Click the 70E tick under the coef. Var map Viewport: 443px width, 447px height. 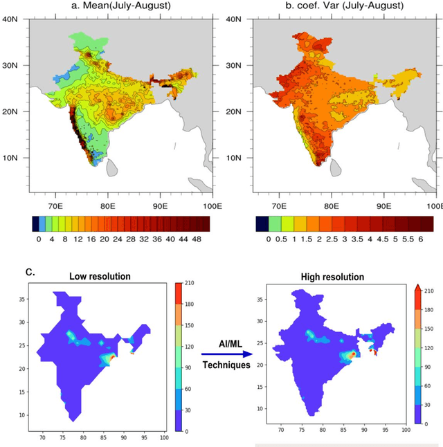(x=279, y=206)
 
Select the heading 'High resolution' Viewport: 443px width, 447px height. (x=332, y=277)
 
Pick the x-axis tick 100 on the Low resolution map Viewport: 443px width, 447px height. (x=164, y=437)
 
